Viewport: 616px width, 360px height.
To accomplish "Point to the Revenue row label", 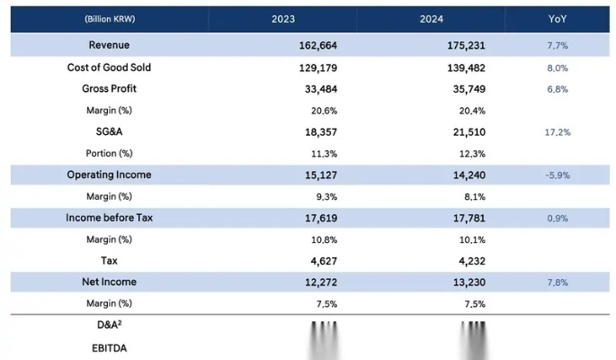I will [109, 46].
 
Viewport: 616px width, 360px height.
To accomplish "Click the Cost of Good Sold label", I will [109, 67].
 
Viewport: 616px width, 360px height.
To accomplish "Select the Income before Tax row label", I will [109, 218].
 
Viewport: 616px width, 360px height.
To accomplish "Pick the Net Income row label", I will [109, 282].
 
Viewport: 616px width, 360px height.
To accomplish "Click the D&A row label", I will [108, 326].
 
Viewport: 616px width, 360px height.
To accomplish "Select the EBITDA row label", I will [108, 346].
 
